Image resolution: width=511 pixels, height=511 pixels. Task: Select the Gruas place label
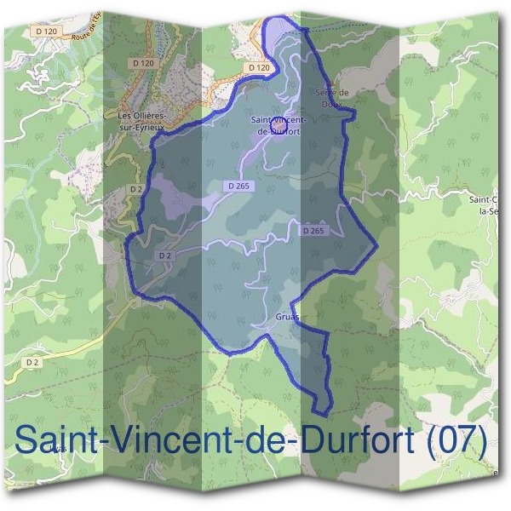tap(287, 317)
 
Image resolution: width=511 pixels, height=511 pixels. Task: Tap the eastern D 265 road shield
tap(313, 231)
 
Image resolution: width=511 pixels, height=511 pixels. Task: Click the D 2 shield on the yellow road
tap(32, 363)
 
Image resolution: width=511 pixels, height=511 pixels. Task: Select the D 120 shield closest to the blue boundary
tap(258, 67)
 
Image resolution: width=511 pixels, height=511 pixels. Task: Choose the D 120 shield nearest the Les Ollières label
tap(142, 62)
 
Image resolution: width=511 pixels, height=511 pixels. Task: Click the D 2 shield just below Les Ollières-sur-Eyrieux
tap(135, 188)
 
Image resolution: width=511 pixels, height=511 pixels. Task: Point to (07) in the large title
tap(456, 440)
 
